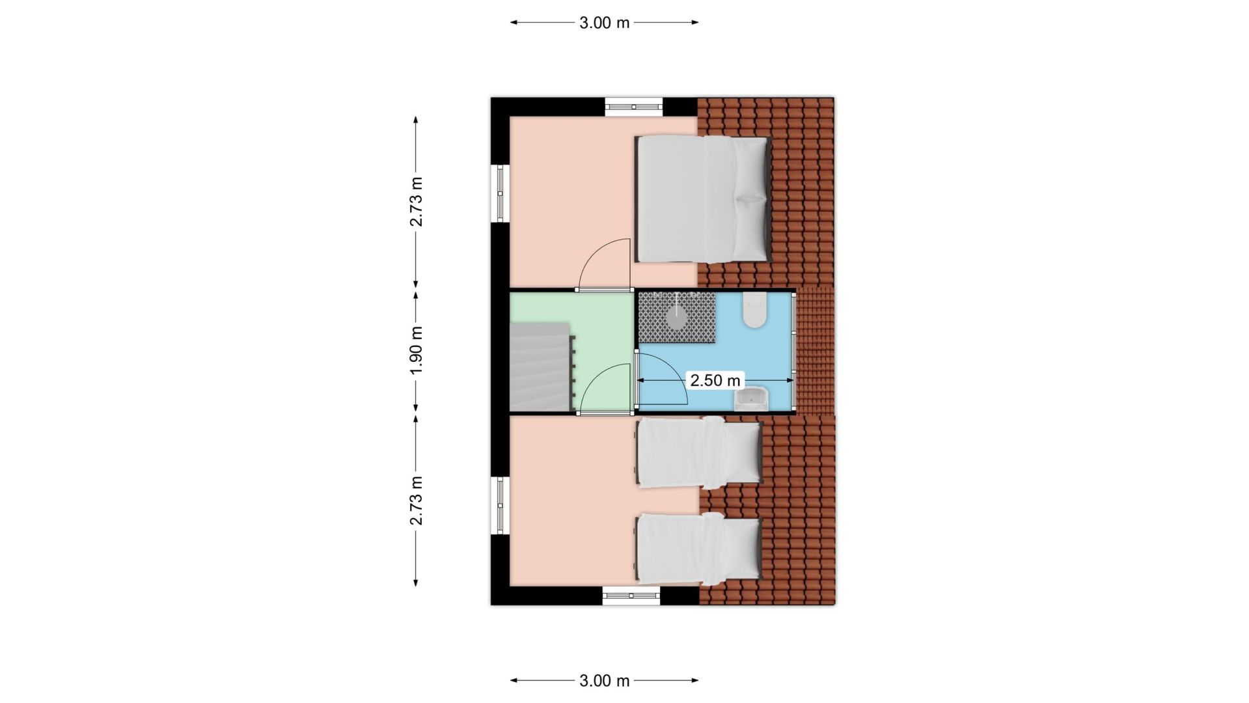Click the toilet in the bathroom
click(x=755, y=310)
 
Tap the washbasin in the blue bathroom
click(x=752, y=398)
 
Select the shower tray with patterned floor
click(x=677, y=317)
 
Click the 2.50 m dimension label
click(x=715, y=380)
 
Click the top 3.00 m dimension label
click(x=605, y=23)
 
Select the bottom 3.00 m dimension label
click(x=605, y=681)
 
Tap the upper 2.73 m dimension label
click(x=417, y=202)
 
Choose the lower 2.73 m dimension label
click(x=417, y=501)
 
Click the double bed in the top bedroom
click(x=704, y=199)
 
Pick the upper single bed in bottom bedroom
click(x=699, y=453)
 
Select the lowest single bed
click(x=699, y=548)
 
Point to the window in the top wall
click(x=634, y=107)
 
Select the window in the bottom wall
click(x=631, y=596)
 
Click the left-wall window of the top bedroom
click(x=500, y=193)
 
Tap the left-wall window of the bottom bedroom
click(x=500, y=506)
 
